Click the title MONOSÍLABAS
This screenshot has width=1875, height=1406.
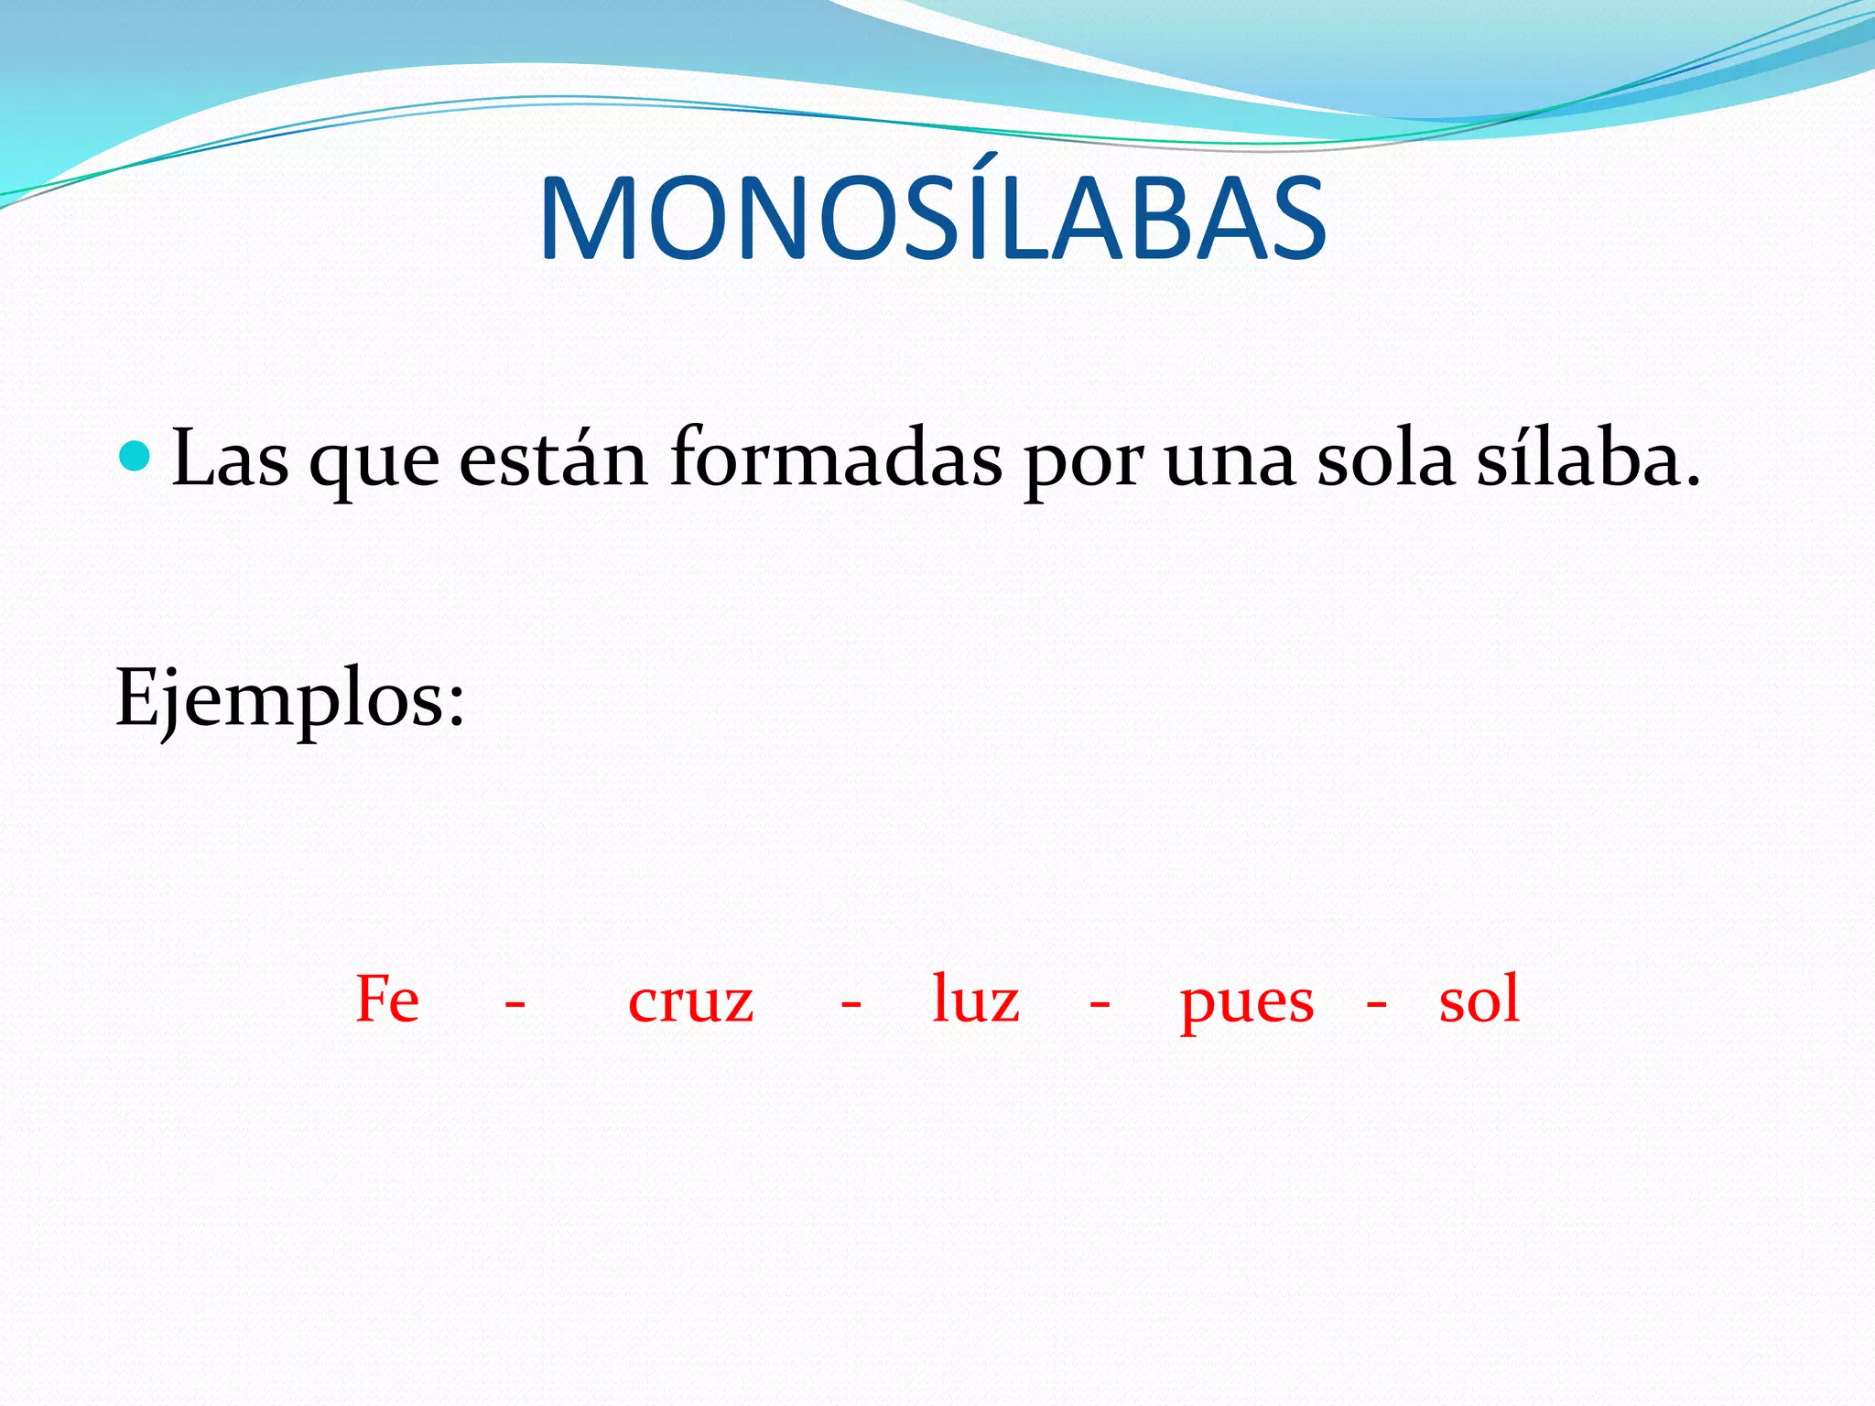(x=933, y=220)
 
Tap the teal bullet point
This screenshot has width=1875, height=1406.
(x=135, y=455)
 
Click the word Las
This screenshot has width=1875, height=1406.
(x=230, y=459)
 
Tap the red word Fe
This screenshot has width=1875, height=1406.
(x=387, y=1000)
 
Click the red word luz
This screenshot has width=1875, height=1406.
(x=975, y=1000)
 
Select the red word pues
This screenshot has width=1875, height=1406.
(x=1247, y=1005)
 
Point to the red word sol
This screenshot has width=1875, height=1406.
(x=1479, y=1000)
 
